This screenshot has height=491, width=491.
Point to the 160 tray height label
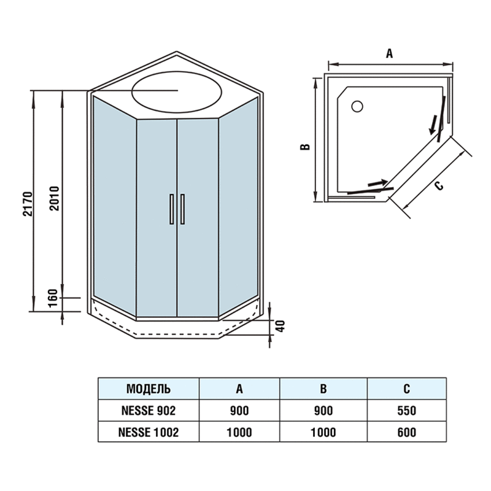(x=53, y=301)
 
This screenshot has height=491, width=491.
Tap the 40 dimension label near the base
(x=280, y=327)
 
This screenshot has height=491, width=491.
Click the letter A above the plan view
(x=389, y=53)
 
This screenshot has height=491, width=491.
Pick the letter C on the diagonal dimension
(x=438, y=185)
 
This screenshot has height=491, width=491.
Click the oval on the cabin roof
(x=177, y=91)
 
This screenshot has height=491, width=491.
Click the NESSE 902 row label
(x=149, y=411)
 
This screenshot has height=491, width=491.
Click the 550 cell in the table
(x=406, y=411)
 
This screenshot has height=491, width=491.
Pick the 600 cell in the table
(x=406, y=432)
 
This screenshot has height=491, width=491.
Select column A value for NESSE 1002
(x=239, y=432)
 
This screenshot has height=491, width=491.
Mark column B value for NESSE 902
(x=323, y=411)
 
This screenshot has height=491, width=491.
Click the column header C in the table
(x=406, y=389)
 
